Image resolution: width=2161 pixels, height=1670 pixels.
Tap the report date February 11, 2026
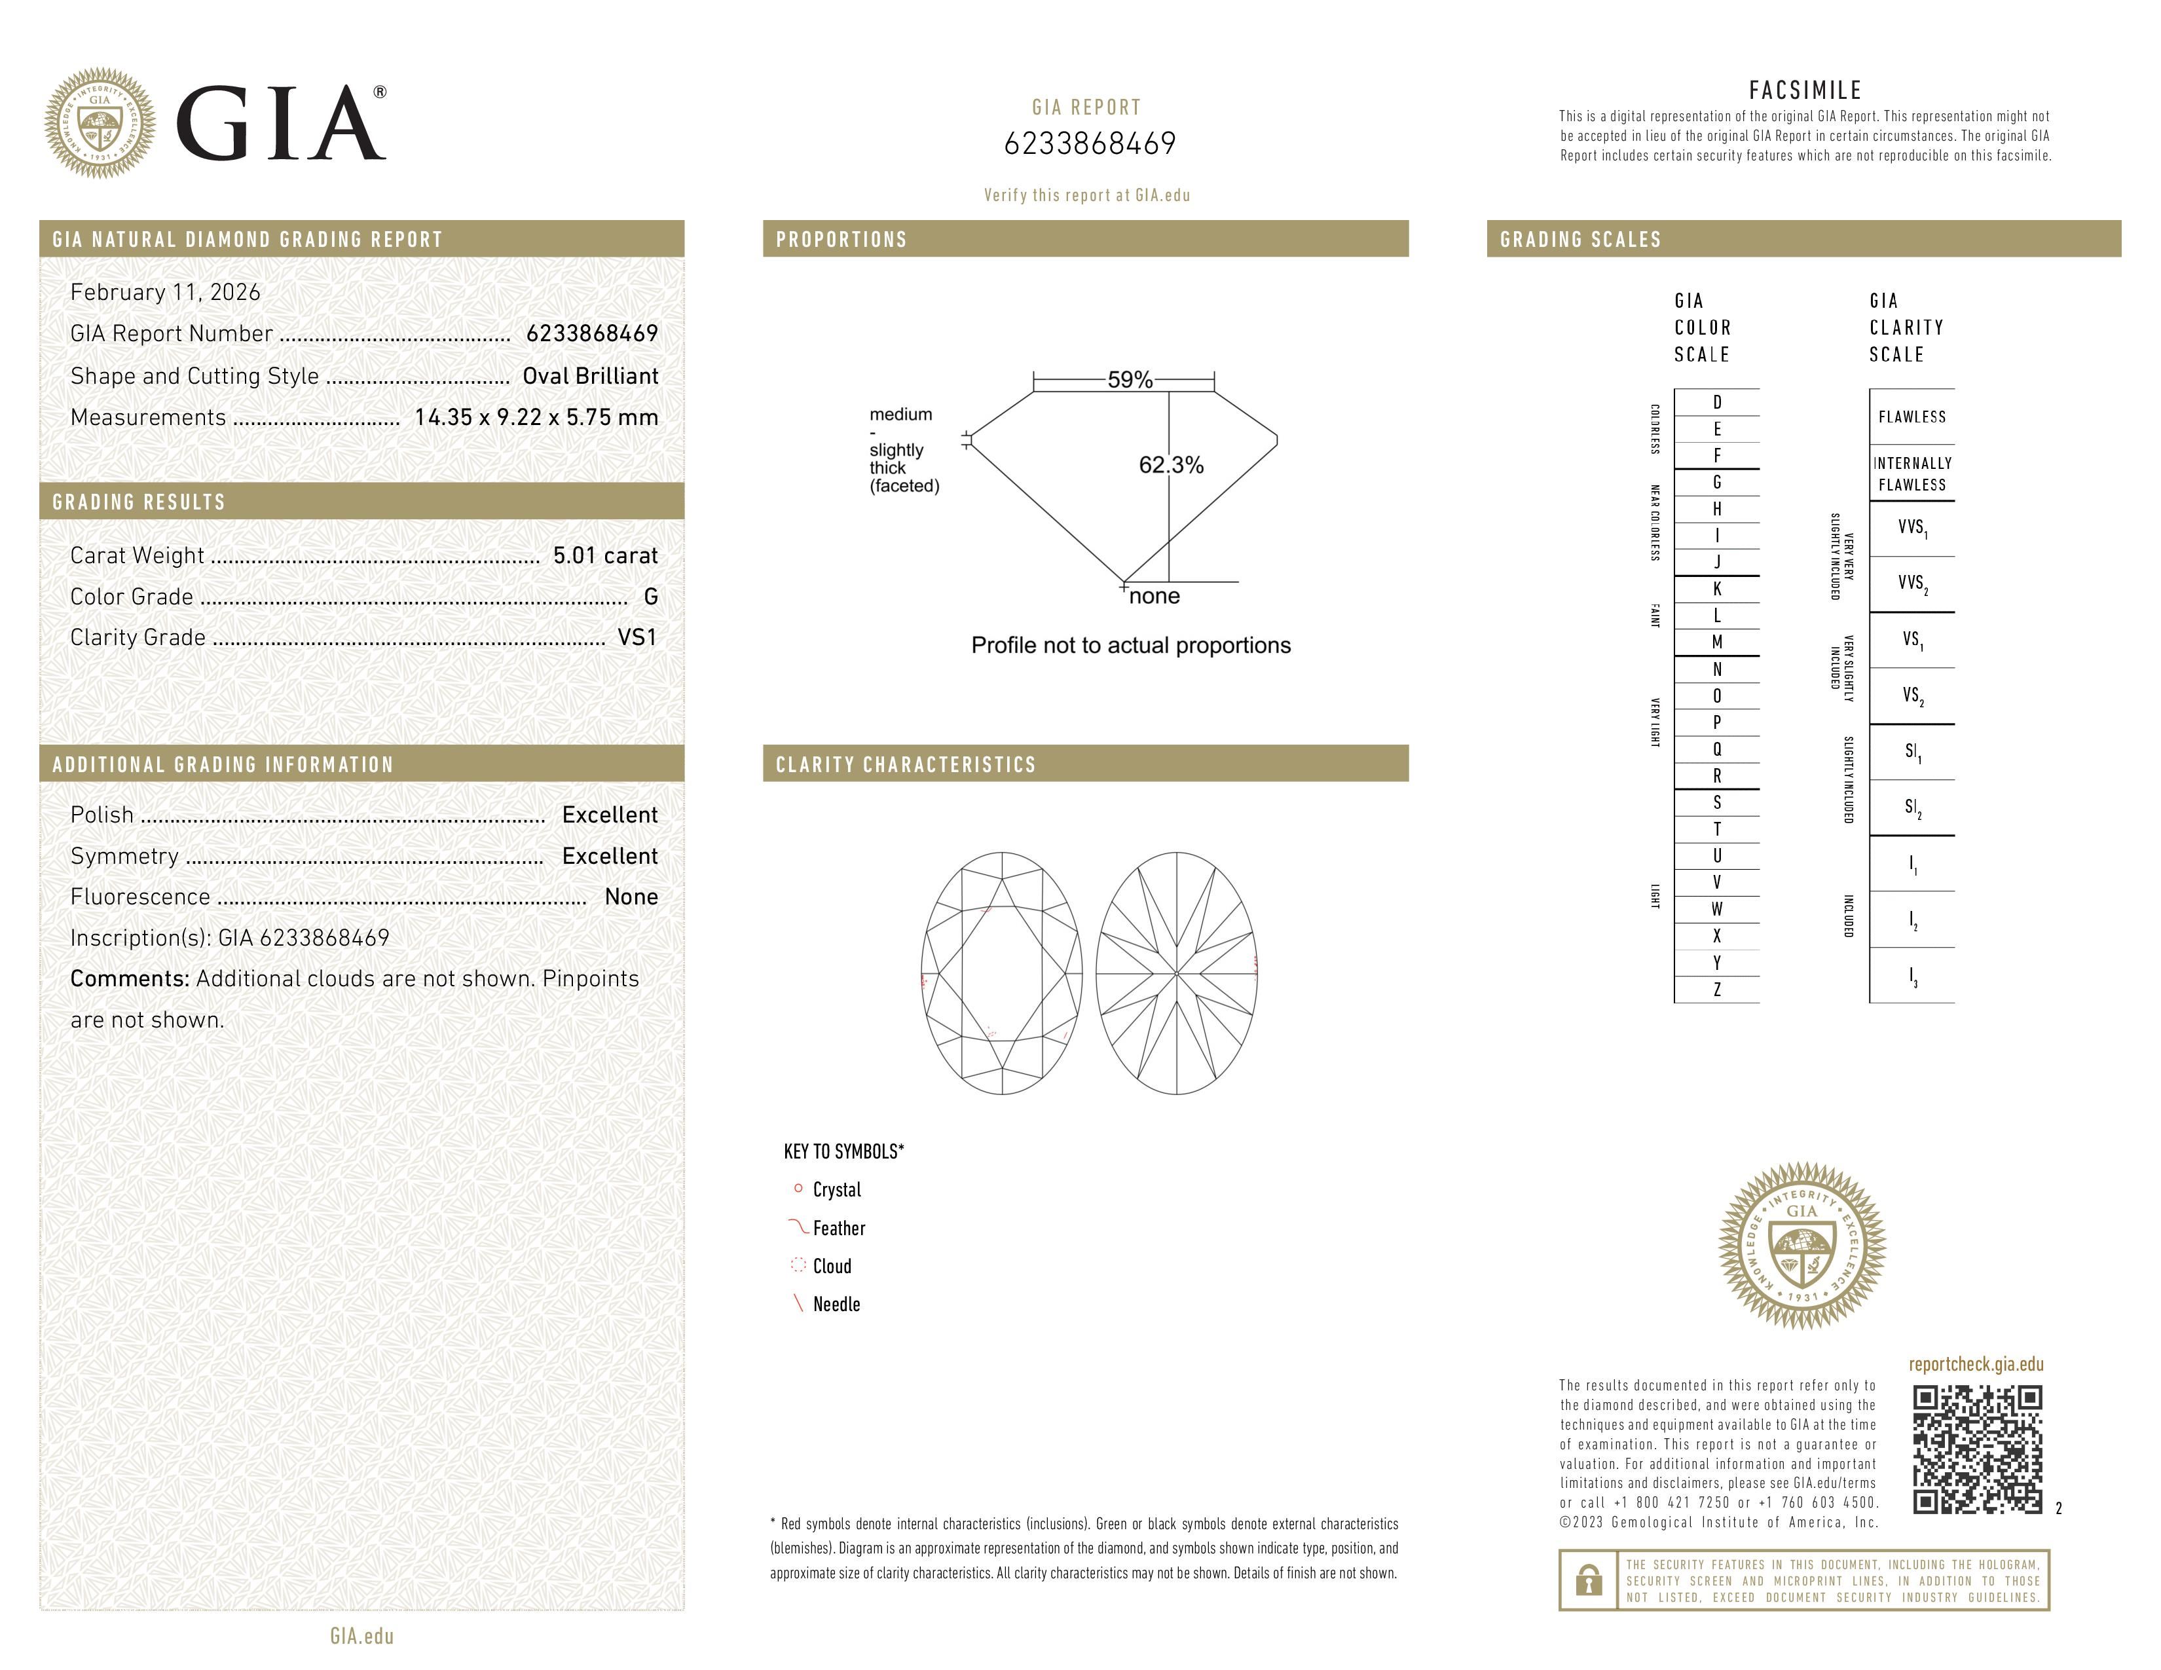(165, 292)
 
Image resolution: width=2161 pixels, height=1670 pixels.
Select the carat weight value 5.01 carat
(604, 555)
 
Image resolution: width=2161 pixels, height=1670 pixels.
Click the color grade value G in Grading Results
(650, 597)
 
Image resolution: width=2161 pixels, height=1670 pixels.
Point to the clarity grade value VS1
(637, 637)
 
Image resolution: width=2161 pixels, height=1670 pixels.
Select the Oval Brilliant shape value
(590, 376)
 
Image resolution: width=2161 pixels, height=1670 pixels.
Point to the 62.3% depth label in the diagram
(1171, 465)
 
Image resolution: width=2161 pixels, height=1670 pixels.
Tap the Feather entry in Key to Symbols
(838, 1228)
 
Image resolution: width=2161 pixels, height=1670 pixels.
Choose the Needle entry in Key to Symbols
(836, 1304)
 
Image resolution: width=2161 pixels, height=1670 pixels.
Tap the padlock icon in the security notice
(1588, 1580)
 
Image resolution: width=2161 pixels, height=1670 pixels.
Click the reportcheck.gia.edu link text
(1975, 1364)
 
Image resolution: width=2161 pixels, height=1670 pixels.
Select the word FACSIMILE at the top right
(1805, 90)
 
